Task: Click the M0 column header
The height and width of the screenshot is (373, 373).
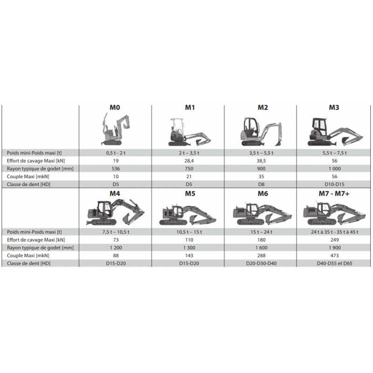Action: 115,108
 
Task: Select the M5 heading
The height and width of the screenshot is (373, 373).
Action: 190,193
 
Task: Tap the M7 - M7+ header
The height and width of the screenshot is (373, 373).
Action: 334,193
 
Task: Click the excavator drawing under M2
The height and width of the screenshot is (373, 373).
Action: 262,131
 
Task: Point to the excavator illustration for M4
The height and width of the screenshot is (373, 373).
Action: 115,213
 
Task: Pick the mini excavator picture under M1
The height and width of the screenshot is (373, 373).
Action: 190,132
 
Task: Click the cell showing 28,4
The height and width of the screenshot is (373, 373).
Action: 189,161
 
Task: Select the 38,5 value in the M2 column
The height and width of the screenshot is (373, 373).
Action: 261,161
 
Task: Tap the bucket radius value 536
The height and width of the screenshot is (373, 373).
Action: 116,169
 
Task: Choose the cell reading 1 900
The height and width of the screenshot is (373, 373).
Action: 334,248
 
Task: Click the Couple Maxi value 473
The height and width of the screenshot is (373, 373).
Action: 334,256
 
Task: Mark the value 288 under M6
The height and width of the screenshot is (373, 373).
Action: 261,256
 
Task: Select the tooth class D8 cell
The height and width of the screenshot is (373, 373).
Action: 261,184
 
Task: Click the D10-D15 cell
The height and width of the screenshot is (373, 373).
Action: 334,184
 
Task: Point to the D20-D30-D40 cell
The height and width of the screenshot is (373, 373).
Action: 261,263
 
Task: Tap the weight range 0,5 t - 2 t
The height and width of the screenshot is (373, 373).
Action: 116,153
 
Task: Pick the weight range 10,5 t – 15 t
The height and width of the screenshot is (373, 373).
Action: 189,232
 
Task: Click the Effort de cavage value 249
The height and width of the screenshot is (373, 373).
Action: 334,240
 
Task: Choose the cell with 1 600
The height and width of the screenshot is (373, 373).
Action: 261,248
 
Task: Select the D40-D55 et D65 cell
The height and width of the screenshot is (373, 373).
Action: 334,263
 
